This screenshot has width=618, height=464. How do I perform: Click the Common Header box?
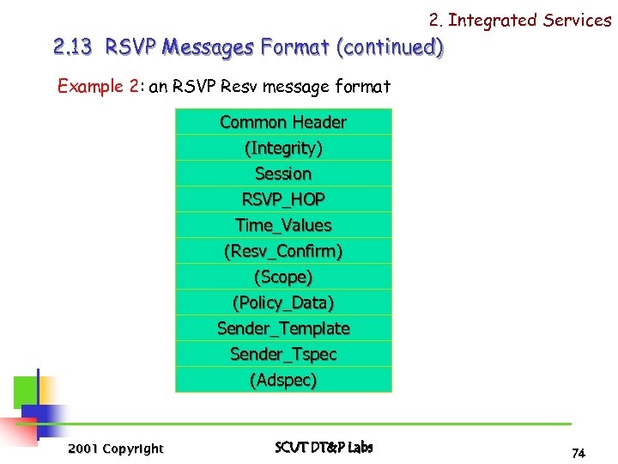(283, 122)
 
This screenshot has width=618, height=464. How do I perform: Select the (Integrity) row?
(283, 148)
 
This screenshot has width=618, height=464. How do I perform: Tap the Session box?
(283, 174)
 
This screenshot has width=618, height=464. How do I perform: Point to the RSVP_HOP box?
(283, 199)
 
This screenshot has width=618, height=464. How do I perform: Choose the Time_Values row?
(283, 225)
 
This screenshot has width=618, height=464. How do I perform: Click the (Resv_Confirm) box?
(283, 252)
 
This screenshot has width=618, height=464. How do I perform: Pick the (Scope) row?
(283, 277)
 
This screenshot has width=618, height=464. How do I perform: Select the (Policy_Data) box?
(283, 302)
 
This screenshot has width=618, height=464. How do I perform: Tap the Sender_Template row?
(283, 328)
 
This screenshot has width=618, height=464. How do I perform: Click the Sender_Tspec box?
(283, 354)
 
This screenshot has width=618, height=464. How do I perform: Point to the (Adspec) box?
(283, 380)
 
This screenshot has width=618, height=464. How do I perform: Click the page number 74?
(578, 453)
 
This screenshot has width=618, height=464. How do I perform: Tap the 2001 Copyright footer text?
(115, 449)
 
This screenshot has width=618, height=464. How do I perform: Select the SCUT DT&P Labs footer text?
(324, 448)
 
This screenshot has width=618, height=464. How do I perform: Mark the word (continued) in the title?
(391, 47)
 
